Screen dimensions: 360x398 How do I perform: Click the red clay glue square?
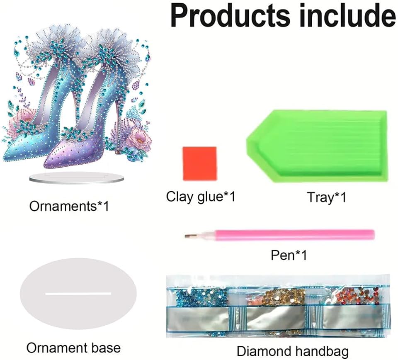(200, 163)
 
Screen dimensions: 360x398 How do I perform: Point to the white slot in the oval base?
(78, 294)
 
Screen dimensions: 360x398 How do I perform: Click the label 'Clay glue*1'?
(201, 196)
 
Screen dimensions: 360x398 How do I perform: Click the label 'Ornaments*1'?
(69, 206)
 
